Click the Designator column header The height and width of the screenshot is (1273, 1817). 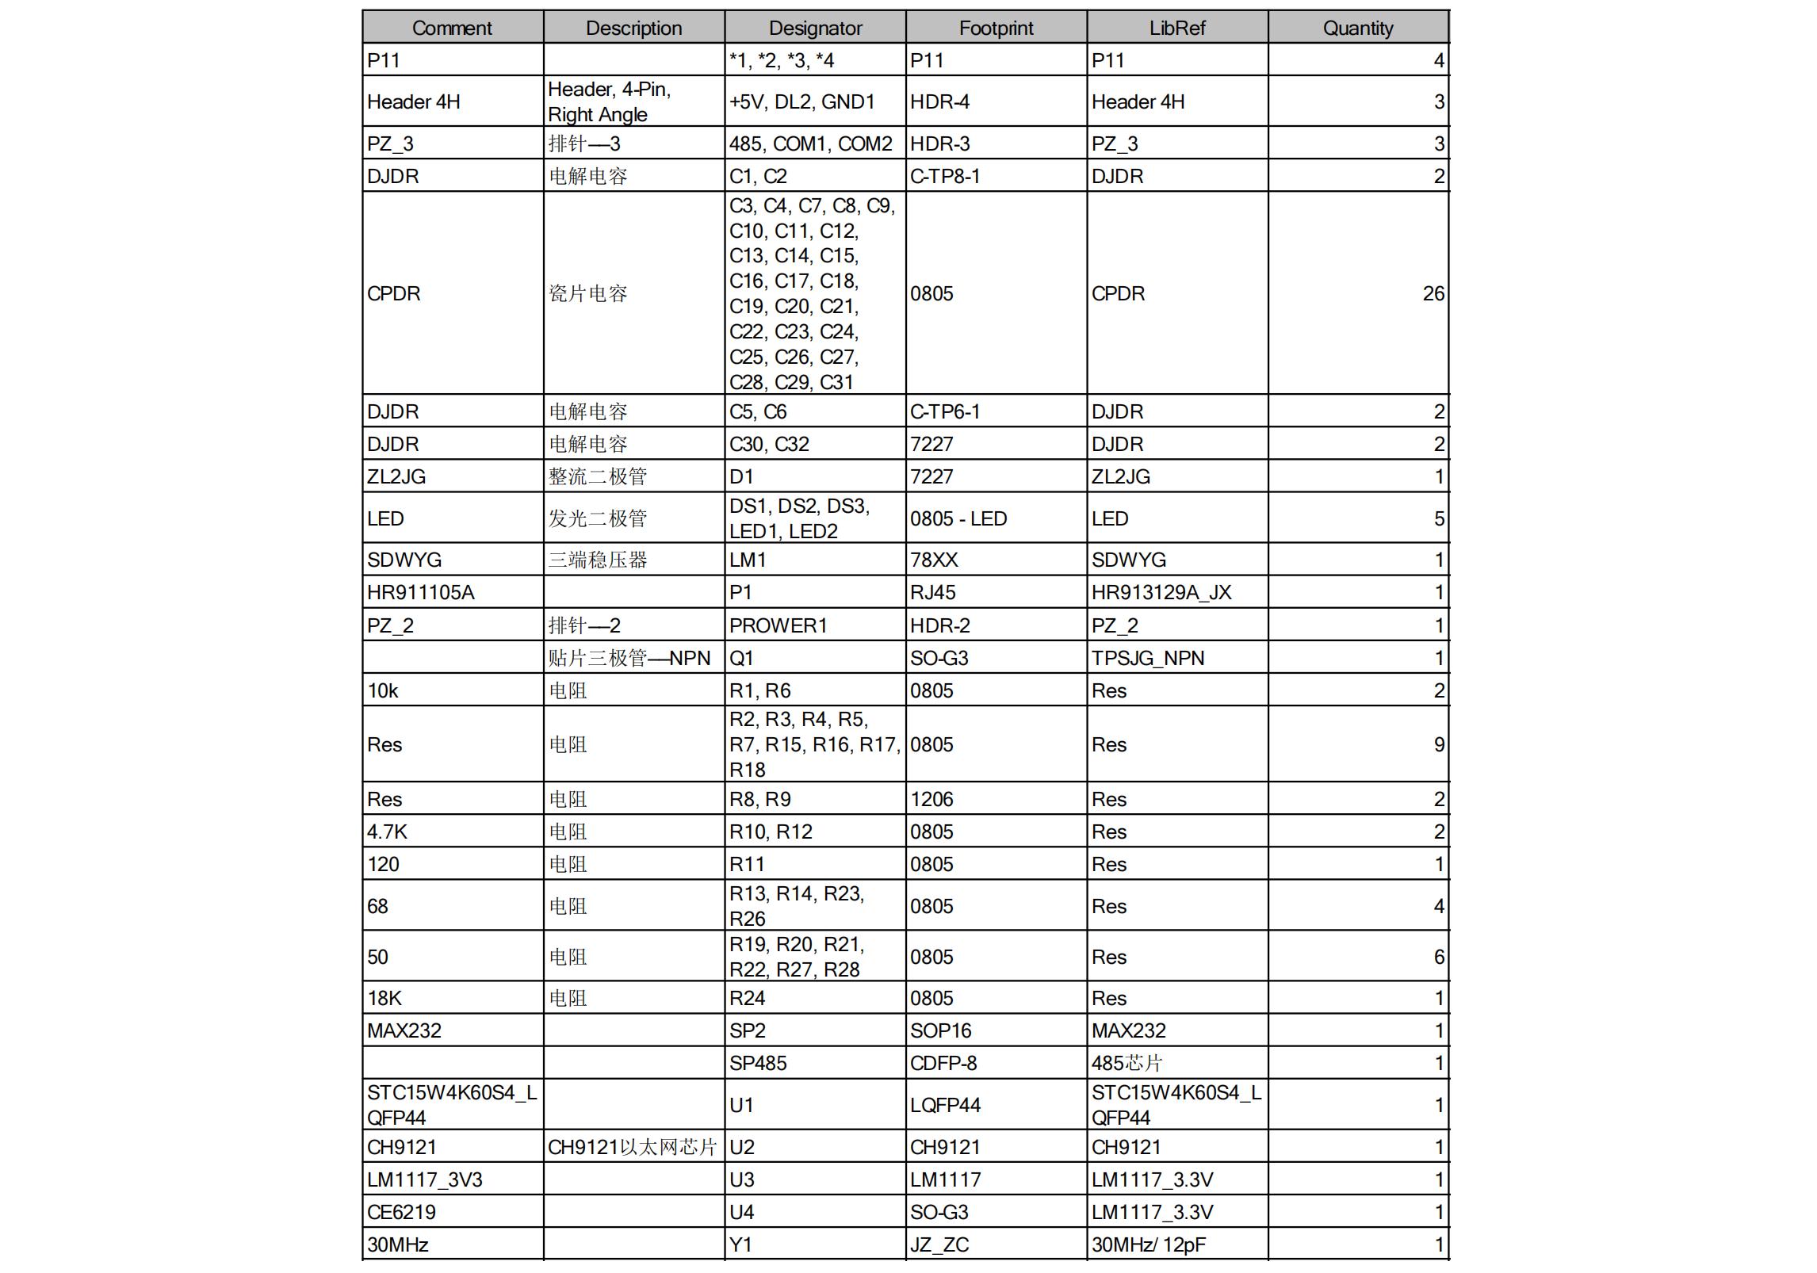click(815, 29)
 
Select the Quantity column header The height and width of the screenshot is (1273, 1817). click(1358, 29)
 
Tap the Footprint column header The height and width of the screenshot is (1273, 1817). click(996, 29)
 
